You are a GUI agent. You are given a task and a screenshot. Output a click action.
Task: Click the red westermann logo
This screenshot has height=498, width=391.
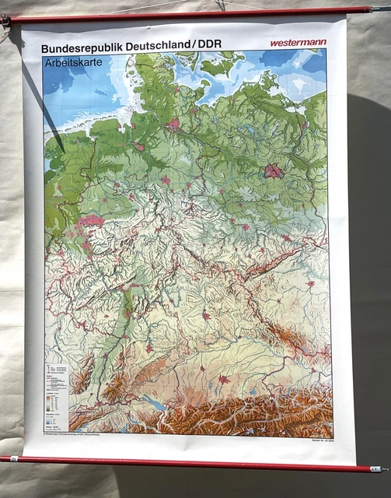(x=298, y=42)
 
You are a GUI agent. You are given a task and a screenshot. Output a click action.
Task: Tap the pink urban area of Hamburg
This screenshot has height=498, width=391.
(x=173, y=123)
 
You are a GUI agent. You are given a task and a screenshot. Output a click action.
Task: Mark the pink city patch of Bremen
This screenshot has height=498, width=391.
(x=138, y=146)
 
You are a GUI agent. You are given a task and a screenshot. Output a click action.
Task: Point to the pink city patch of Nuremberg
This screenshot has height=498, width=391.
(x=206, y=315)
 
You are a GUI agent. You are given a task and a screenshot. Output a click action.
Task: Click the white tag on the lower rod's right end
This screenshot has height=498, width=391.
(x=376, y=468)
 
